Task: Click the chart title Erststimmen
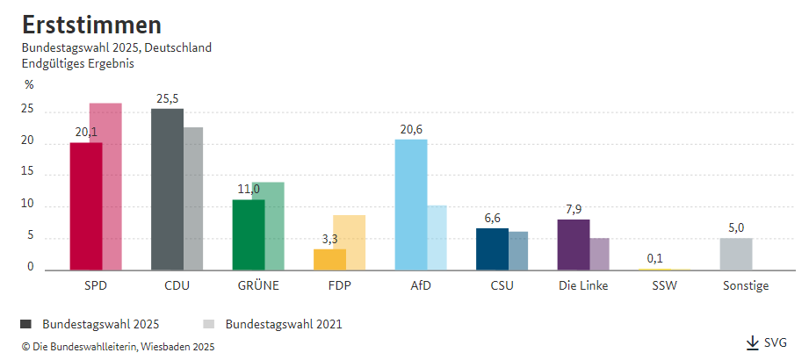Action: point(91,25)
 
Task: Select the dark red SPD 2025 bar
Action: point(86,206)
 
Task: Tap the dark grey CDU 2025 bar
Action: point(167,190)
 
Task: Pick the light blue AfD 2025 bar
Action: point(411,205)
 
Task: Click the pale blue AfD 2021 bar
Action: point(437,238)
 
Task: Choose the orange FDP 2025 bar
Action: point(329,259)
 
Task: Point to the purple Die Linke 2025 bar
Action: point(574,245)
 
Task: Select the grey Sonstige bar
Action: point(736,255)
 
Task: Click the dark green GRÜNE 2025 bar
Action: point(249,235)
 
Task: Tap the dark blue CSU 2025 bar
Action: point(492,249)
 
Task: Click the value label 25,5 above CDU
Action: point(167,99)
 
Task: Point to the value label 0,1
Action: point(654,258)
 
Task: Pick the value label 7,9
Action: point(574,210)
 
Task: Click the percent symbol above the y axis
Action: point(29,85)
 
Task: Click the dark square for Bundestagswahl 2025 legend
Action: point(25,324)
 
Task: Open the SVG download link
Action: point(767,342)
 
